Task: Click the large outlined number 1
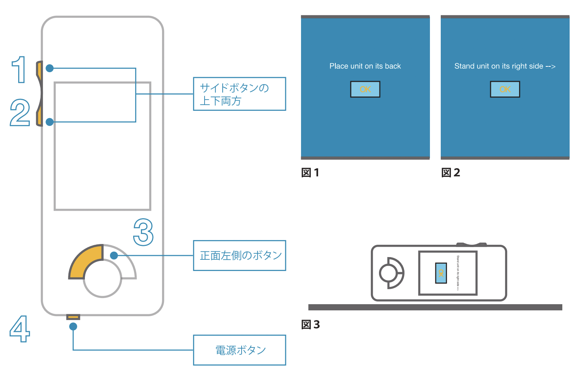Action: [19, 69]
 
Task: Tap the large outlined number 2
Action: [20, 112]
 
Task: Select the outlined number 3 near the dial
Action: [143, 232]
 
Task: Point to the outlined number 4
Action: [20, 329]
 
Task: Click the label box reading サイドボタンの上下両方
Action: [239, 94]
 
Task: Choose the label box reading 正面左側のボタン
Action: [239, 256]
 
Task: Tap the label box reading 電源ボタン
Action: [239, 350]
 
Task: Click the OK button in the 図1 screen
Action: [365, 89]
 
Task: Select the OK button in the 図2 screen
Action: [505, 89]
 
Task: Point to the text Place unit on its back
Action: [365, 66]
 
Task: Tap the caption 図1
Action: [310, 173]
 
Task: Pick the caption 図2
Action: [450, 173]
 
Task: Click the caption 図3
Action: [310, 325]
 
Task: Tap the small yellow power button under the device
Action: [73, 317]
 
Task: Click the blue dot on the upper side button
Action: [49, 68]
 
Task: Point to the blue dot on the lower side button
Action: [49, 122]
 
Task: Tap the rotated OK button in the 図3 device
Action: [441, 273]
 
